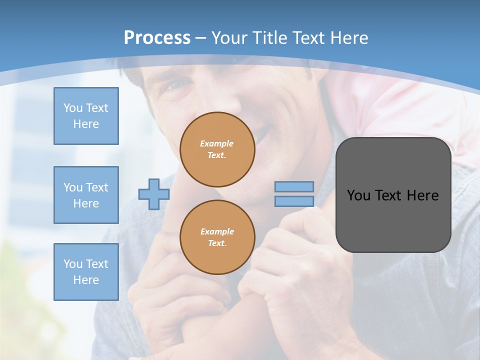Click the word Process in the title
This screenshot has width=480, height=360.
coord(157,38)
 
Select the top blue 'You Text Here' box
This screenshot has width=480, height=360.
coord(86,116)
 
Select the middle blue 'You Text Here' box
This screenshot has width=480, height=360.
coord(86,195)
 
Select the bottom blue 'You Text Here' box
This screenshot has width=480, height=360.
coord(86,272)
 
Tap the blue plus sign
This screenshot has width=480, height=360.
coord(153,194)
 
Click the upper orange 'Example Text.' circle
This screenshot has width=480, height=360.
coord(217,149)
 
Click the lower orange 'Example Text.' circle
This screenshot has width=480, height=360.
coord(217,237)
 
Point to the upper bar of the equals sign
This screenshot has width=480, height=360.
coord(294,187)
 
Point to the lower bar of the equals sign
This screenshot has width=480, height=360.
coord(294,201)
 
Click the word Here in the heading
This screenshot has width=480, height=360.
coord(348,38)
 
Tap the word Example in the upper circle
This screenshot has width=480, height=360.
coord(217,143)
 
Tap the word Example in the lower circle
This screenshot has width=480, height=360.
coord(217,231)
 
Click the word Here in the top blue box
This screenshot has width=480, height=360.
coord(86,124)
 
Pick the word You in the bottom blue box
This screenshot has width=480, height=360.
coord(73,264)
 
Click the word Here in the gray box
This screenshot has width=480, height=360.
coord(423,195)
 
